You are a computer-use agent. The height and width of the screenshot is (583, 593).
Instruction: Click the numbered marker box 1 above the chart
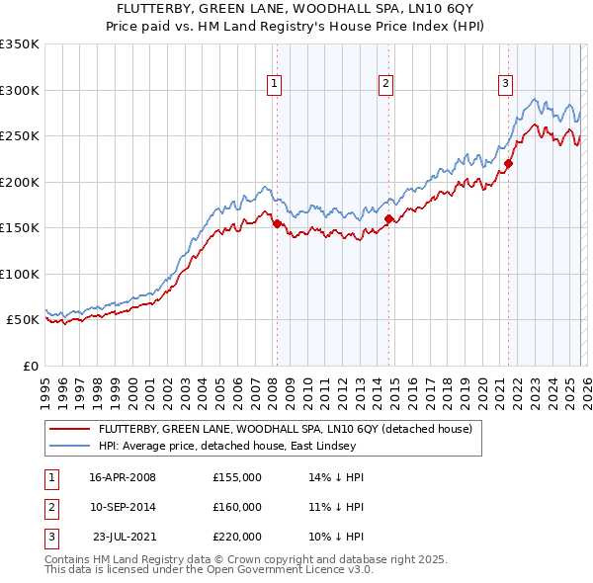(x=273, y=84)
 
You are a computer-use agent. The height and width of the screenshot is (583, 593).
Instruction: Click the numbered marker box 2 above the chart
(x=385, y=84)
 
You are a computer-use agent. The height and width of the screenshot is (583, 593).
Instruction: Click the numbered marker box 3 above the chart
(x=505, y=84)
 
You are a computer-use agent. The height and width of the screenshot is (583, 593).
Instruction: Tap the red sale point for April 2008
(x=277, y=223)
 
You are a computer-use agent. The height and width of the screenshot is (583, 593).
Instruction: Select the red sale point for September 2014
(x=389, y=218)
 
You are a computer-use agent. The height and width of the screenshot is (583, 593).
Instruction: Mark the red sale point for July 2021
(x=509, y=164)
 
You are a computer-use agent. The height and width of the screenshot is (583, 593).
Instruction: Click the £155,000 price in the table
(x=236, y=477)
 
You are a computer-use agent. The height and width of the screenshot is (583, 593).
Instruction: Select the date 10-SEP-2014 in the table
(x=123, y=507)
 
